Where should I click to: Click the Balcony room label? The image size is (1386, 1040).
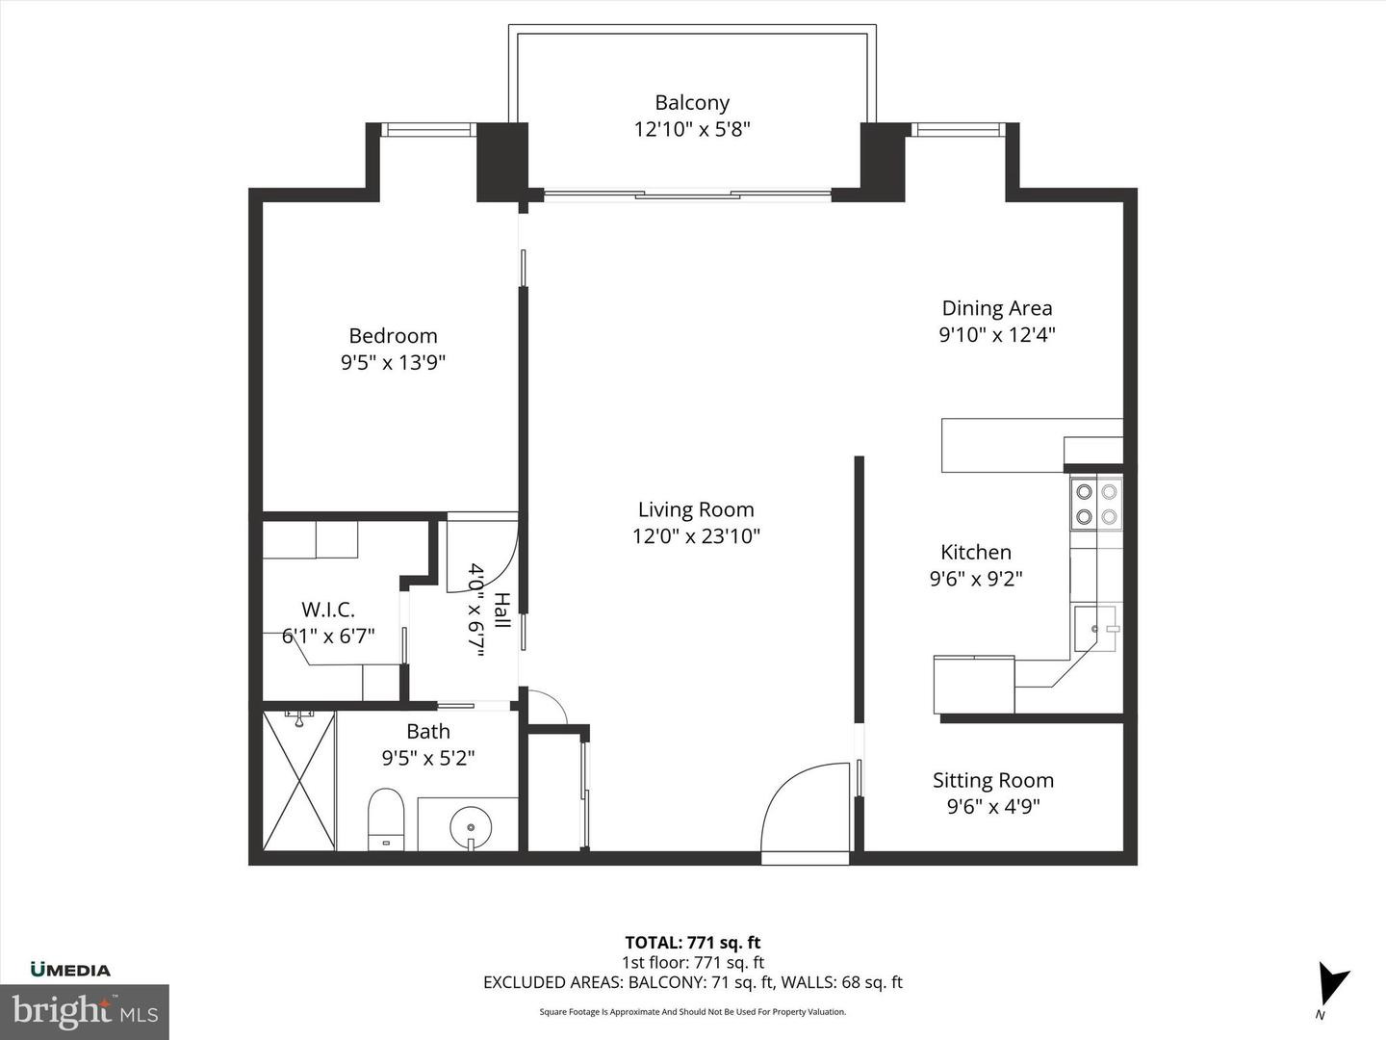click(x=692, y=103)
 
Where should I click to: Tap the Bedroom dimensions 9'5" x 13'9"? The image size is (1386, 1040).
click(x=393, y=363)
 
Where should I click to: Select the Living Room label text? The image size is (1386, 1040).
click(x=696, y=509)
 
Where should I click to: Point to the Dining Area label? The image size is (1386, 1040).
click(x=996, y=308)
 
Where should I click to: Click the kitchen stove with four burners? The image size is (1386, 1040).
click(x=1096, y=504)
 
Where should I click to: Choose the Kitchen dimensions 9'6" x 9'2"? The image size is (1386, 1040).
click(x=975, y=579)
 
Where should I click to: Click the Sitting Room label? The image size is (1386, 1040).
click(x=992, y=780)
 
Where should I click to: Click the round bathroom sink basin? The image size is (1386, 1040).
click(x=471, y=826)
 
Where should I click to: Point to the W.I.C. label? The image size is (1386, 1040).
click(x=328, y=610)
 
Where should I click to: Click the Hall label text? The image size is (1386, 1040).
click(x=501, y=611)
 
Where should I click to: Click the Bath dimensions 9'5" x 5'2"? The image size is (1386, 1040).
click(x=428, y=758)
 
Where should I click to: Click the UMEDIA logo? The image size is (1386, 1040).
click(x=70, y=970)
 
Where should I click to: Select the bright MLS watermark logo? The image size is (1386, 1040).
click(x=85, y=1011)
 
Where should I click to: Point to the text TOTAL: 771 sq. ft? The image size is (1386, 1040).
click(x=692, y=943)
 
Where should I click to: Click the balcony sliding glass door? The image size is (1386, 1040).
click(x=687, y=195)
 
